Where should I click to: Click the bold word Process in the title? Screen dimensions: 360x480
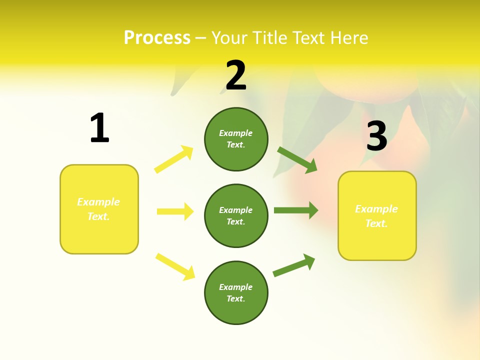[157, 38]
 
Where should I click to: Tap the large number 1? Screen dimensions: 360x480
[99, 128]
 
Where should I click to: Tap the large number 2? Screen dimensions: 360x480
[236, 75]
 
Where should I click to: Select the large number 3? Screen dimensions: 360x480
[376, 136]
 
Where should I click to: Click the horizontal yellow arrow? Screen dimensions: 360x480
[175, 211]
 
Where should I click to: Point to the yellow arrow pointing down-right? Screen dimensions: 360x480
[175, 266]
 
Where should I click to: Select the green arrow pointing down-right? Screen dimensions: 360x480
[297, 159]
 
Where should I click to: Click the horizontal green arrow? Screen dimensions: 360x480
[296, 210]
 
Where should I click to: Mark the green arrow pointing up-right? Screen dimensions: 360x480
[294, 265]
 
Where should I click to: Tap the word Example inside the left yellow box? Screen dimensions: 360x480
[98, 202]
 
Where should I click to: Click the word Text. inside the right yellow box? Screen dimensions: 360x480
[376, 223]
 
